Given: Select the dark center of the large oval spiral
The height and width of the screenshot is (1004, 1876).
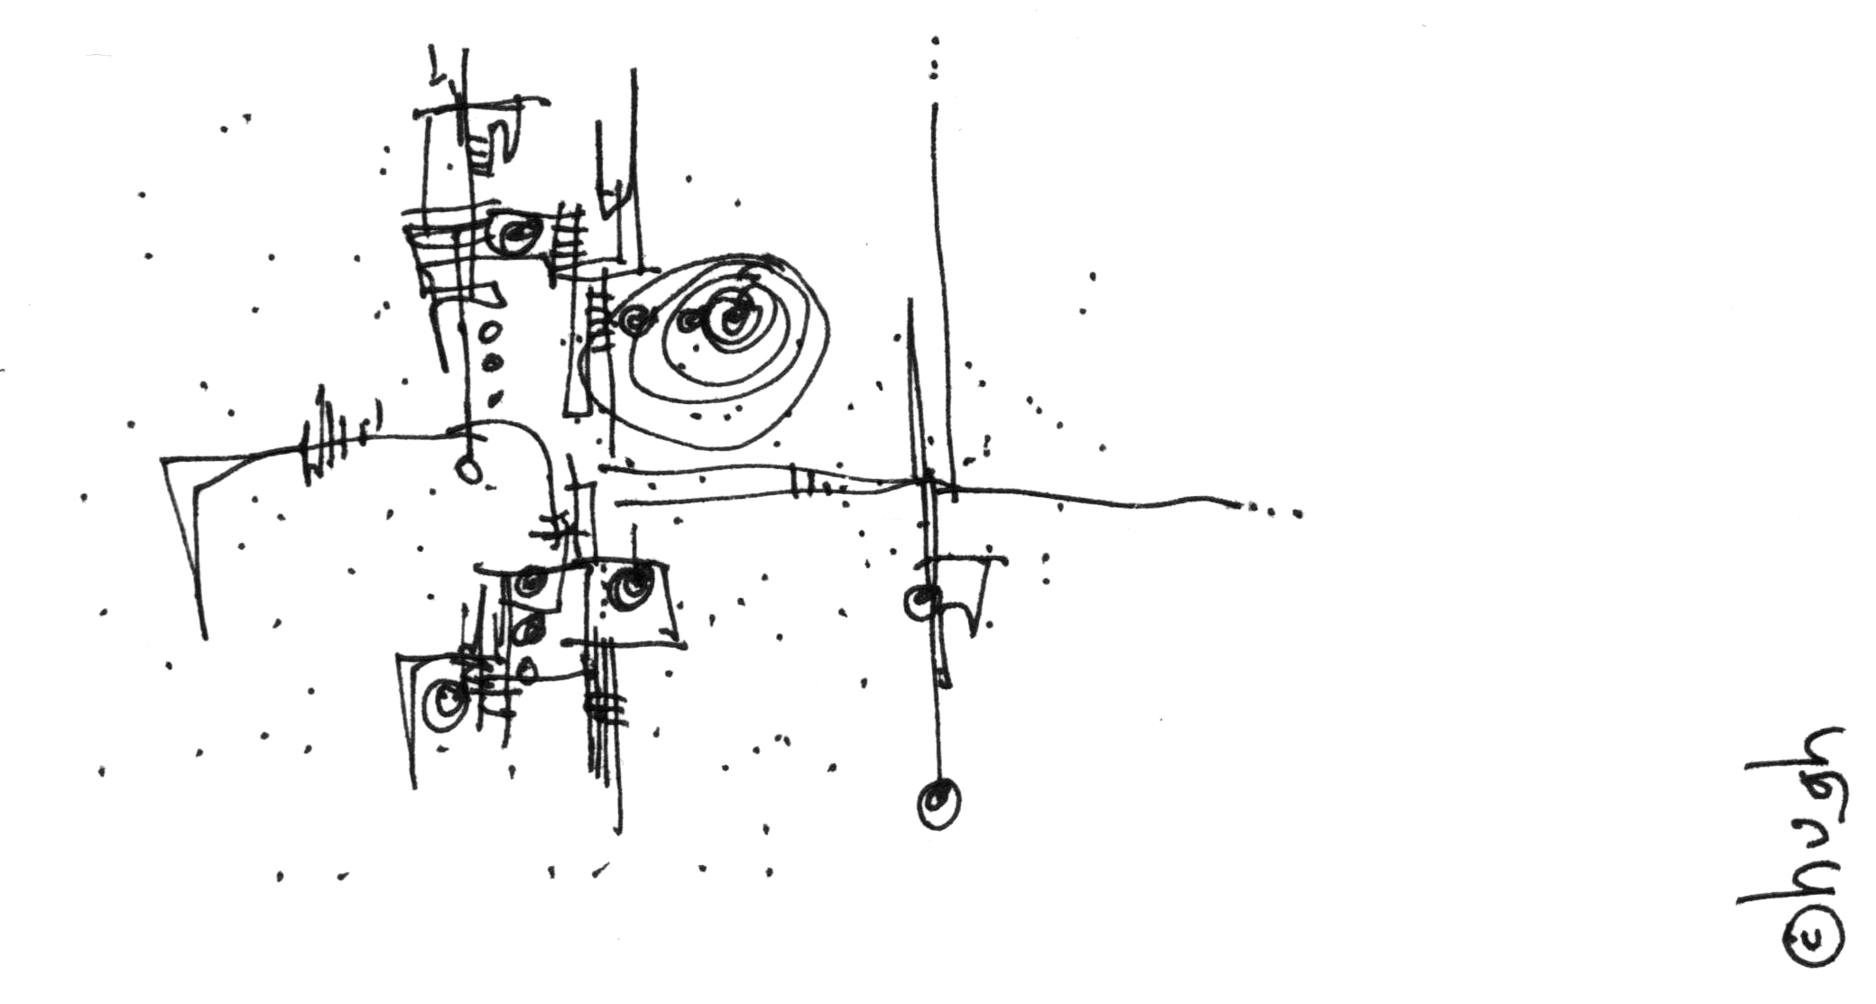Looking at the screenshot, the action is coord(733,318).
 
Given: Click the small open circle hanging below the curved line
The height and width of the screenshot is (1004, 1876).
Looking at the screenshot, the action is coord(468,469).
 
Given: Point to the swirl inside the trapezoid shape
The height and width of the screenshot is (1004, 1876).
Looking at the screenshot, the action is coord(630,585).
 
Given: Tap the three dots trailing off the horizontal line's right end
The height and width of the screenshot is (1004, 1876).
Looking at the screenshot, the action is coord(1273,511).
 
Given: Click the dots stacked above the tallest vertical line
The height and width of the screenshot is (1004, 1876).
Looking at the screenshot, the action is coord(935,60).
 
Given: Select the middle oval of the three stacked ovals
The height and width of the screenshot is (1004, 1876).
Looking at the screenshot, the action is coord(493,364).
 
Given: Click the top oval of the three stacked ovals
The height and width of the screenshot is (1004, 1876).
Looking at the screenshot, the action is coord(490,333).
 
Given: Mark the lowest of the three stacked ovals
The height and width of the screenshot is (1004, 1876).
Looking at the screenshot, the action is coord(494,396).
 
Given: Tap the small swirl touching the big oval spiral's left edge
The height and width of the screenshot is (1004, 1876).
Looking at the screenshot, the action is coord(635,320).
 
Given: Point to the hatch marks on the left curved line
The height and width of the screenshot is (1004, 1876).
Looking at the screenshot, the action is coord(338,437).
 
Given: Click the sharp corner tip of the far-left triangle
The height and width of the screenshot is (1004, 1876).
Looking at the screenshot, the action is coord(163,461).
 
